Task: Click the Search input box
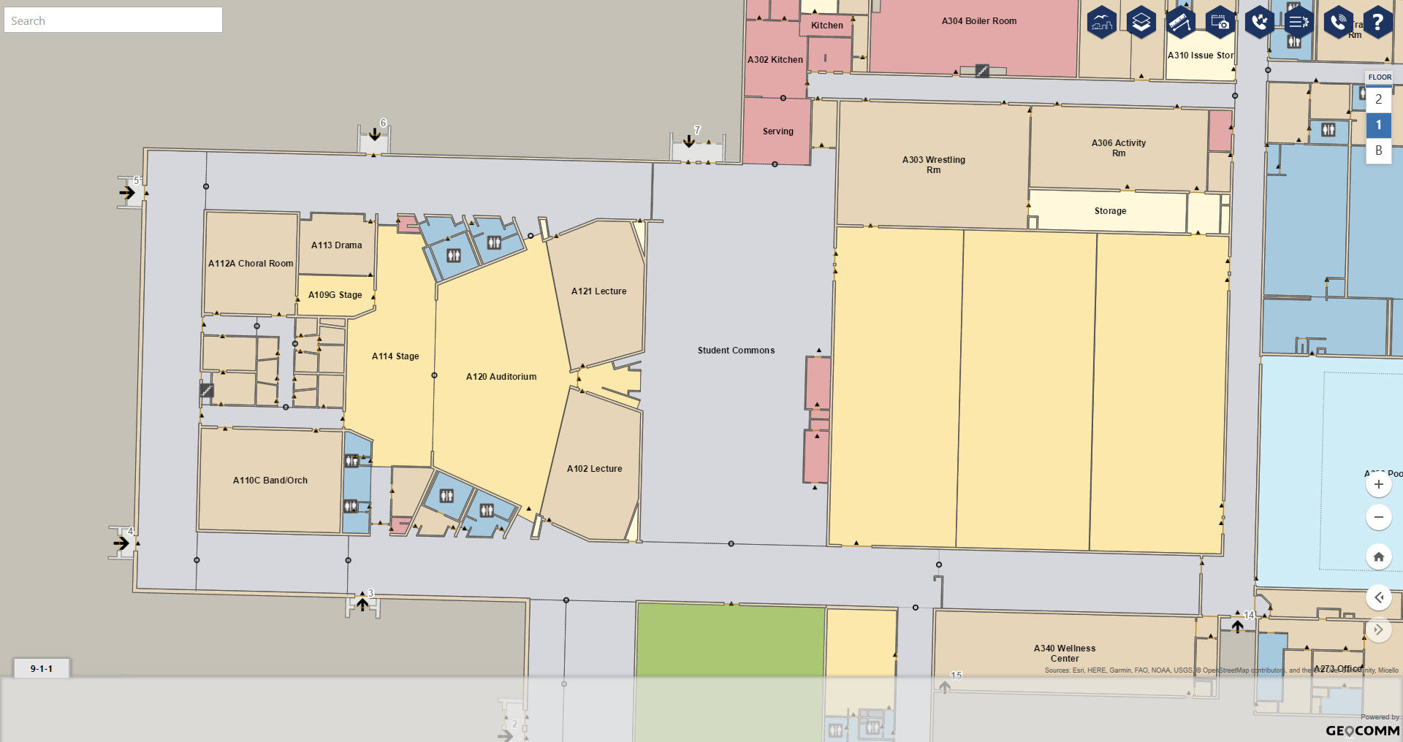113,20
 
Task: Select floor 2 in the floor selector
1378,99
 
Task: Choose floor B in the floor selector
1378,150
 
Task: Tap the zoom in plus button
1378,484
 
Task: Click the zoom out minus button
1378,517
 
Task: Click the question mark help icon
1377,23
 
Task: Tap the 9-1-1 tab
42,668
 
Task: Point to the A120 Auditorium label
501,377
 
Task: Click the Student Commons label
736,351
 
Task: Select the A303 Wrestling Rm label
933,164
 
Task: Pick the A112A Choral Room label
251,264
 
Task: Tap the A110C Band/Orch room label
270,481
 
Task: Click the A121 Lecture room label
598,291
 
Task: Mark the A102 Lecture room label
594,469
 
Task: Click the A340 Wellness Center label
1064,653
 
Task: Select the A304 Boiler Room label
978,21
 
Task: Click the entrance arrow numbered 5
127,193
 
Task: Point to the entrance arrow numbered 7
688,140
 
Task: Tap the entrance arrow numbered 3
362,604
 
